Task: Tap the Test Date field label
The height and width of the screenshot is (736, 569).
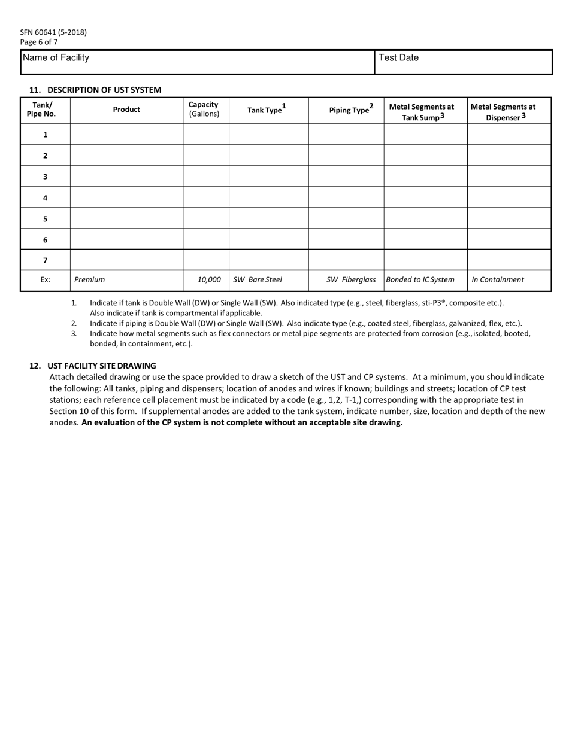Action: [398, 58]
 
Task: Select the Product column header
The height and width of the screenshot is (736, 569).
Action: [126, 110]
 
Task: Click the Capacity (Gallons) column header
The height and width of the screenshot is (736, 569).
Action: [204, 109]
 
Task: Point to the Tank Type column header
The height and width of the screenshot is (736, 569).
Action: [267, 110]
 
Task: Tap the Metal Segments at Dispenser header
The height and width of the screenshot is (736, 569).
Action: [503, 112]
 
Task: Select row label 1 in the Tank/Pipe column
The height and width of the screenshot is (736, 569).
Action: [45, 135]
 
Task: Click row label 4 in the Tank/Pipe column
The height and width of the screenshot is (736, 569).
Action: [45, 197]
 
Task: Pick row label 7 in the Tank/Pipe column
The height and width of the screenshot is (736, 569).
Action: [45, 260]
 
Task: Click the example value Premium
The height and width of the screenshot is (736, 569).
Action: [89, 279]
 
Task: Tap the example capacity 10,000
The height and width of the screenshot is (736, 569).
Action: [209, 279]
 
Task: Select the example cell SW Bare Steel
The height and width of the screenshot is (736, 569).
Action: [258, 279]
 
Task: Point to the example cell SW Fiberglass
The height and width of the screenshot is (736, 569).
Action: [351, 279]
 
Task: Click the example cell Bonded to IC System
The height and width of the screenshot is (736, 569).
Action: [420, 279]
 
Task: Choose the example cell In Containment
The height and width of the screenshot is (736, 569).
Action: [498, 279]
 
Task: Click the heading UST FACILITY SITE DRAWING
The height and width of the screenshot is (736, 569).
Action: [101, 366]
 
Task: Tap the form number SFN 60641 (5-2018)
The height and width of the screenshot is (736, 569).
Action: [53, 32]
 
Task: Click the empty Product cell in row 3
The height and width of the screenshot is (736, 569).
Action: [126, 177]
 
